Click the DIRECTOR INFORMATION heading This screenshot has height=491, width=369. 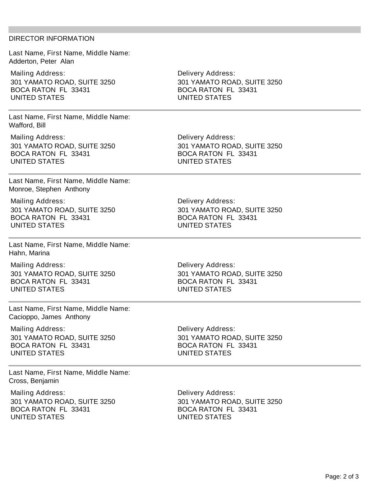click(51, 38)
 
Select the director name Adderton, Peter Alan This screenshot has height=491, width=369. click(41, 61)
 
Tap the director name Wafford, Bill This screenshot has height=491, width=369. click(27, 125)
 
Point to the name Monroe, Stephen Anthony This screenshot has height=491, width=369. click(49, 189)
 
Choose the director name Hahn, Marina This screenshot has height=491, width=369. click(29, 253)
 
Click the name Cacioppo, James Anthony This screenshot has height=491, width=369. click(49, 317)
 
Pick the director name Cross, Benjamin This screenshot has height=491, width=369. click(34, 381)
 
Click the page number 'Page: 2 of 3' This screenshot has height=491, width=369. click(342, 477)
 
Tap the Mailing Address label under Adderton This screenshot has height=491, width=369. click(38, 73)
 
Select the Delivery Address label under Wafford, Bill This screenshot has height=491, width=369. click(206, 137)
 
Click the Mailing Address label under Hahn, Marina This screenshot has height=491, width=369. click(38, 265)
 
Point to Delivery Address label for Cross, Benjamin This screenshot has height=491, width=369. click(206, 392)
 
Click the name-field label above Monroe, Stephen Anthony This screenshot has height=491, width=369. click(69, 181)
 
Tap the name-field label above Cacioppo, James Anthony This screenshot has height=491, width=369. click(69, 308)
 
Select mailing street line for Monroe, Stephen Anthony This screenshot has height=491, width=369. click(63, 210)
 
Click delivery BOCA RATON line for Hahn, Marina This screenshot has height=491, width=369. click(217, 281)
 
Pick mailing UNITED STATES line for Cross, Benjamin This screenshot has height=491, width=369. click(37, 417)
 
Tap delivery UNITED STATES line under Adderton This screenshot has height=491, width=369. click(204, 97)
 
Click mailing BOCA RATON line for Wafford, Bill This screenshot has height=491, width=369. click(50, 154)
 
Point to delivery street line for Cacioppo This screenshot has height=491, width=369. click(230, 337)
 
